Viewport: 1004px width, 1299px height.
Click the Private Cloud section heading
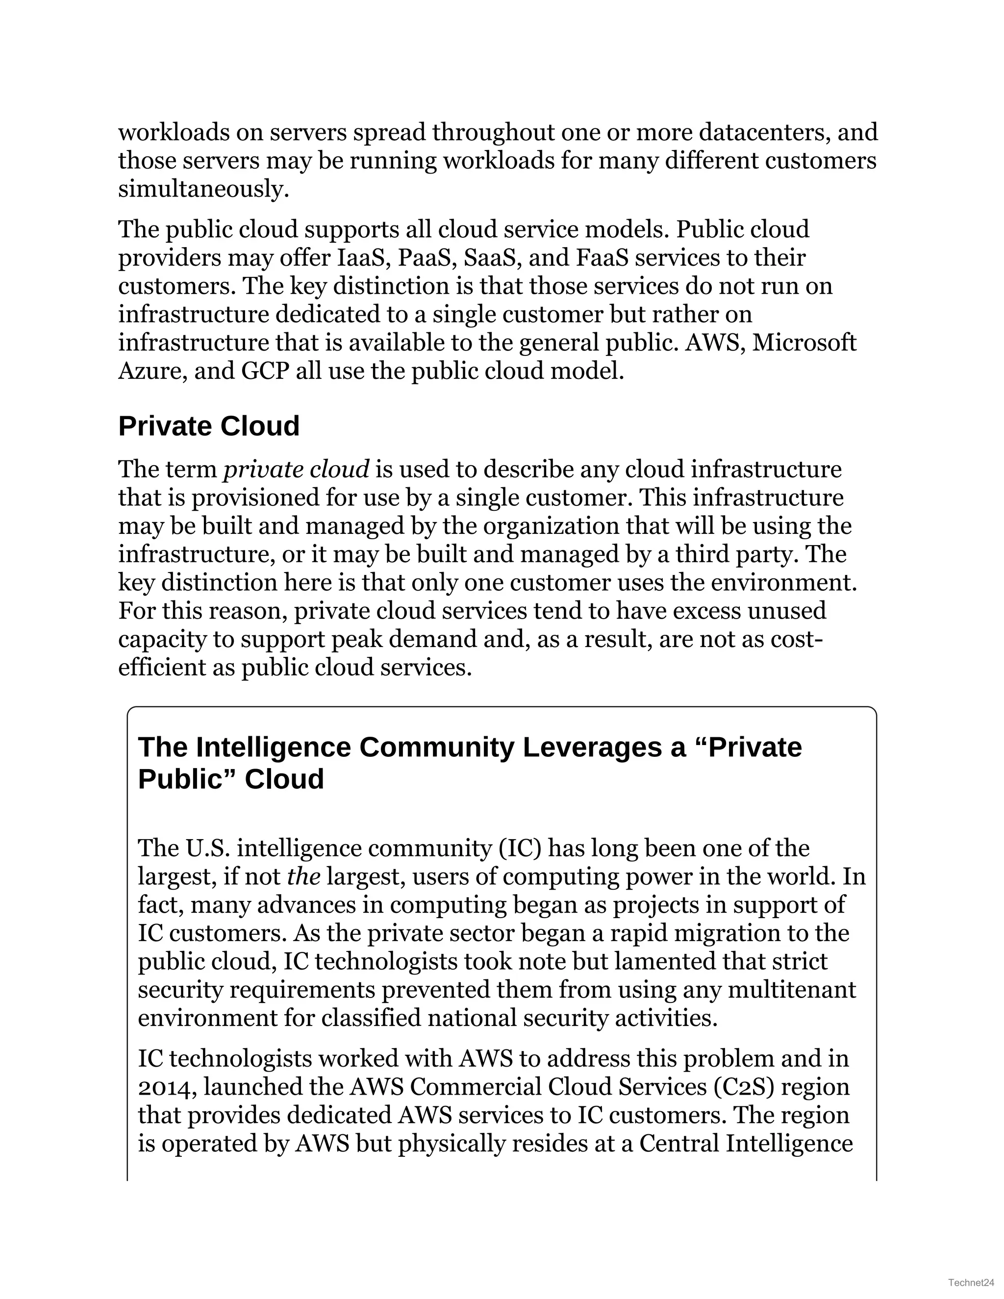[209, 426]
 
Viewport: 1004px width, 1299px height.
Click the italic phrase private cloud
[296, 469]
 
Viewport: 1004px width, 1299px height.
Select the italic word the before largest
[303, 877]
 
